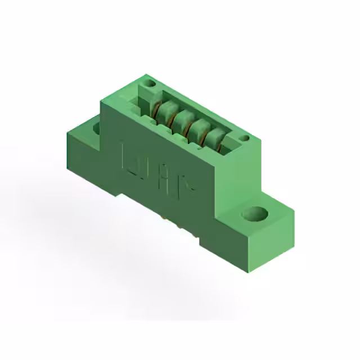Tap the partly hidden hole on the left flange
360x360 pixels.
[96, 128]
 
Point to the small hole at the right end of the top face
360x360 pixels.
[244, 138]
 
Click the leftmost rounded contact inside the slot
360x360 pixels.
[164, 113]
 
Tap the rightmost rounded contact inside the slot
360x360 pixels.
[214, 139]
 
